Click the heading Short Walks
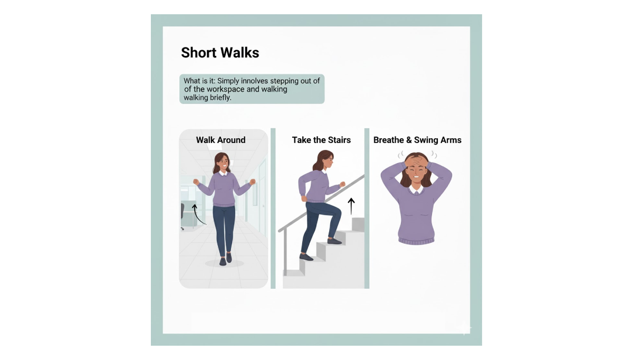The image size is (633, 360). coord(220,53)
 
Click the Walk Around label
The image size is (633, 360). coord(220,140)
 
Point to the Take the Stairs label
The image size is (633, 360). coord(321,140)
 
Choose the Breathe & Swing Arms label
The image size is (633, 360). coord(417,140)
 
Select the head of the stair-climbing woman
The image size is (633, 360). coord(324,160)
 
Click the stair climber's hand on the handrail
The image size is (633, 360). coord(342,185)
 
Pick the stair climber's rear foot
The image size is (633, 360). coord(306,257)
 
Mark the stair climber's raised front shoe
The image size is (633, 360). coord(334,241)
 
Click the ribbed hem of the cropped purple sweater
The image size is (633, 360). coord(416,241)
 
